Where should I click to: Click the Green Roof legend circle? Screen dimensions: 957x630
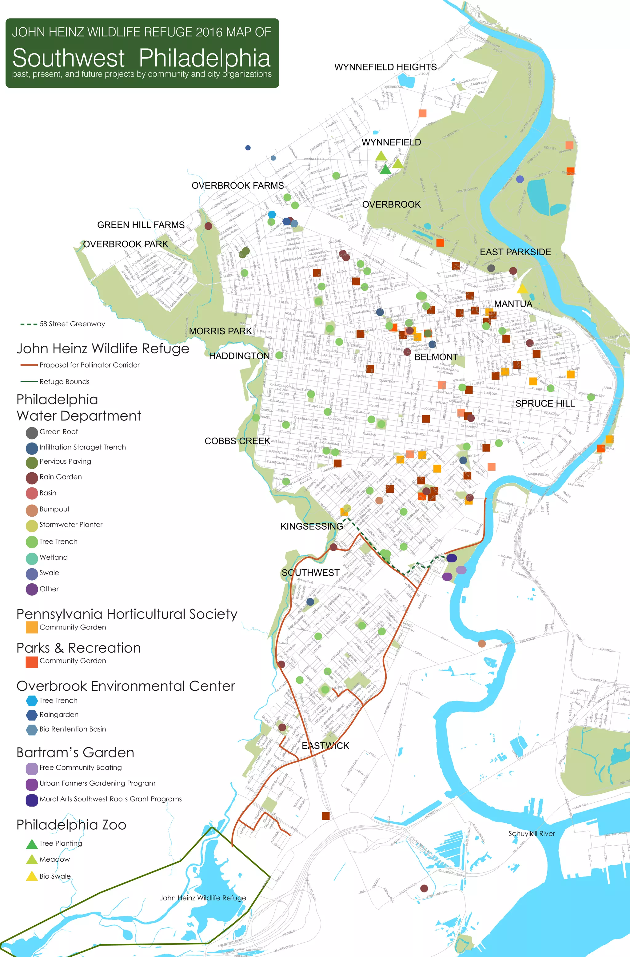32,433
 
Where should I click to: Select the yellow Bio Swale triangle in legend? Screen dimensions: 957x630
32,876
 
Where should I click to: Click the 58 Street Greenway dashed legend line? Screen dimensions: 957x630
29,324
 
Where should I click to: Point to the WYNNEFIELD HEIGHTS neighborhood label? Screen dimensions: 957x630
385,67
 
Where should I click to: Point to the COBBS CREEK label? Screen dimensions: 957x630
237,441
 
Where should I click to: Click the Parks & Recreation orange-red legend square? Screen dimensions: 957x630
32,661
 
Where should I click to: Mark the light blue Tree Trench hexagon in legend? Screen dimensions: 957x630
32,701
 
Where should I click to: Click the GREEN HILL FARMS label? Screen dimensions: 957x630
141,225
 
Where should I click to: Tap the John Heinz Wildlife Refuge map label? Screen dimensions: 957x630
202,898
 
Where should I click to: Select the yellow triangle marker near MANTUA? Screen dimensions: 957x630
521,289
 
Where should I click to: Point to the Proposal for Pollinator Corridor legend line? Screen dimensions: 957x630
29,365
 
